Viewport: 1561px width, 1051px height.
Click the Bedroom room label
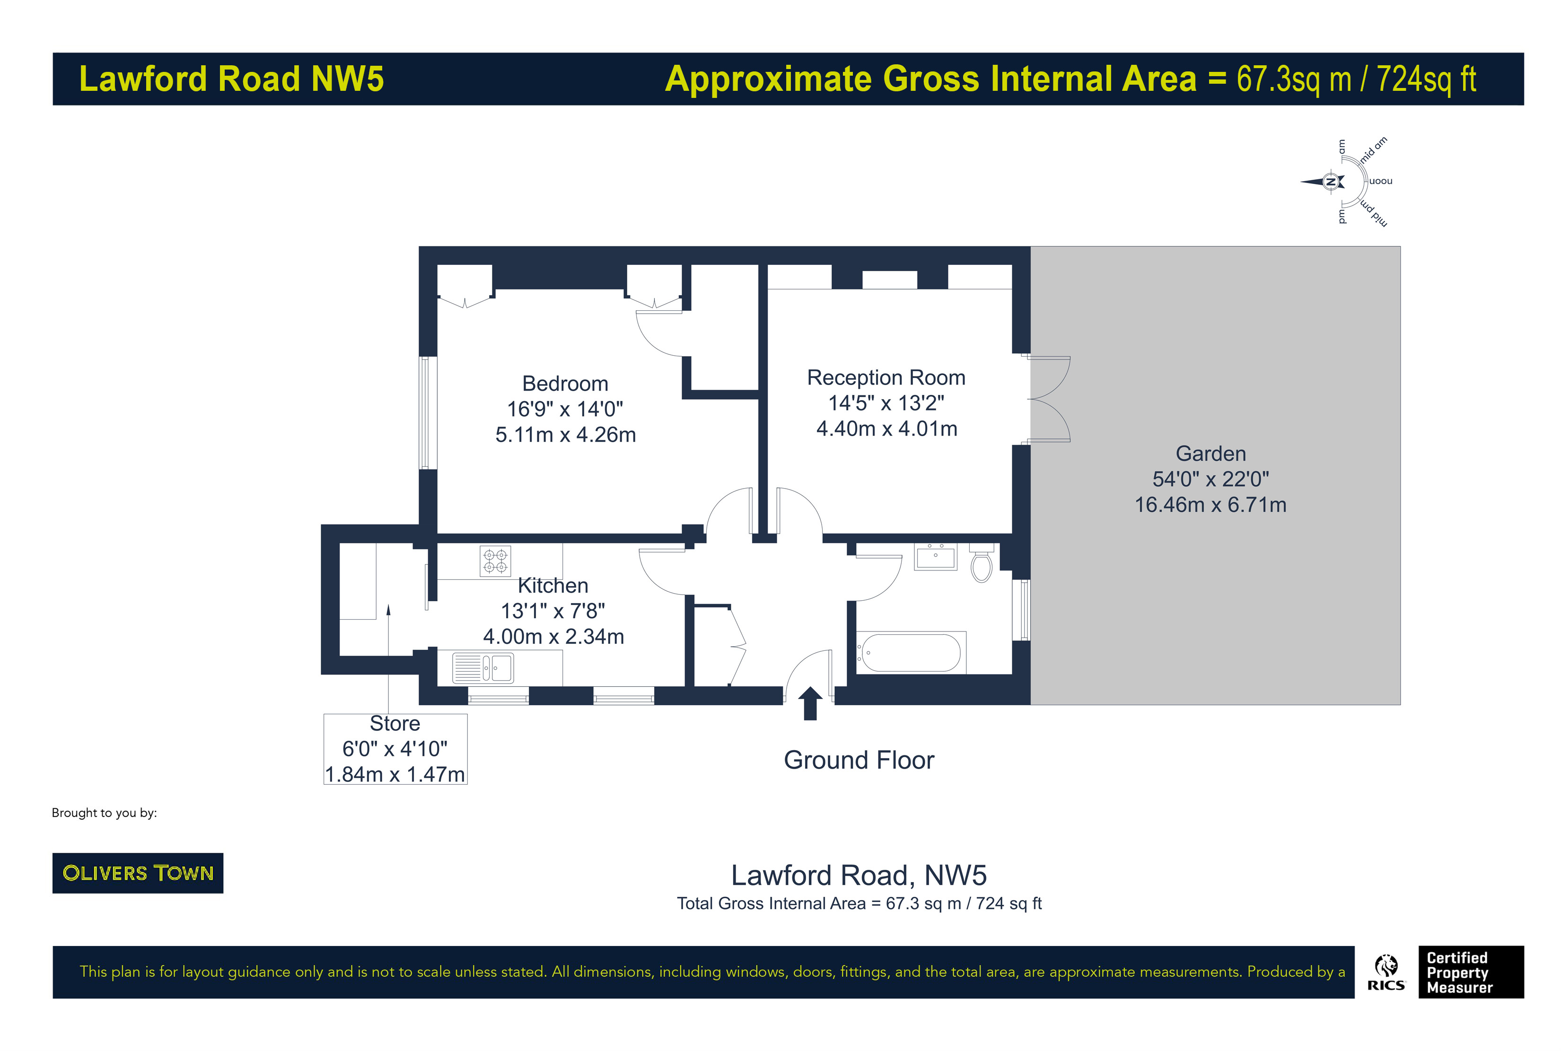pyautogui.click(x=564, y=384)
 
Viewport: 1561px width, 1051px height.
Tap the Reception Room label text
pyautogui.click(x=886, y=378)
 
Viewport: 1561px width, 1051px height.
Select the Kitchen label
pyautogui.click(x=552, y=586)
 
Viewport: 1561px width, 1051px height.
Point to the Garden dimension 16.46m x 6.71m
pyautogui.click(x=1210, y=505)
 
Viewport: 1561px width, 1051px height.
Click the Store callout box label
pyautogui.click(x=395, y=724)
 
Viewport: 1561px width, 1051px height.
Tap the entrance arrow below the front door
pyautogui.click(x=810, y=703)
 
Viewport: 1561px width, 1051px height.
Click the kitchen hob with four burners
pyautogui.click(x=495, y=561)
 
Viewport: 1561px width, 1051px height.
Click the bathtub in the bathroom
pyautogui.click(x=910, y=653)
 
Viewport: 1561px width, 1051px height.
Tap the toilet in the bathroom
pyautogui.click(x=981, y=564)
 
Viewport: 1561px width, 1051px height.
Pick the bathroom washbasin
pyautogui.click(x=935, y=556)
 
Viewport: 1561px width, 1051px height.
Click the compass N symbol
pyautogui.click(x=1331, y=182)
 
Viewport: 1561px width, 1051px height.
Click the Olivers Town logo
pyautogui.click(x=137, y=873)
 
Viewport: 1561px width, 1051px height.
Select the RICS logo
pyautogui.click(x=1386, y=972)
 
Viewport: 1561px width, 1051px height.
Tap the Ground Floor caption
pyautogui.click(x=859, y=760)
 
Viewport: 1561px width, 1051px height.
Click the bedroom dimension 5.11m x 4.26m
pyautogui.click(x=565, y=435)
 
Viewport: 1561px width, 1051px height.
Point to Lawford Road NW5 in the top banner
pyautogui.click(x=231, y=79)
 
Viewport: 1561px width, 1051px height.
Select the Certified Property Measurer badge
pyautogui.click(x=1471, y=972)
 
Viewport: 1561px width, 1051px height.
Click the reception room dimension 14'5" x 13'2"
pyautogui.click(x=886, y=403)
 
